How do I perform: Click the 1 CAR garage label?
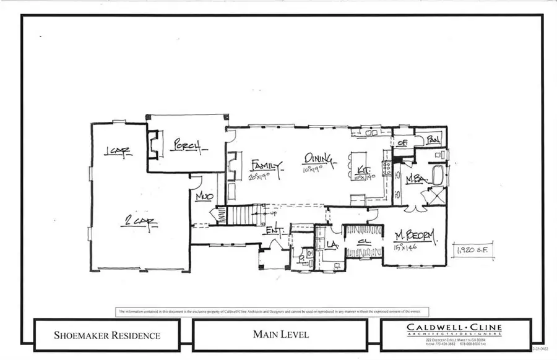118,152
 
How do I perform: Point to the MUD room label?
204,197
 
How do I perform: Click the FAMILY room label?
266,165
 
